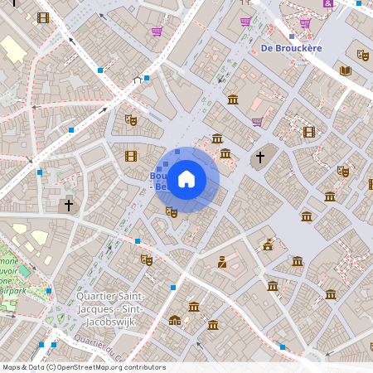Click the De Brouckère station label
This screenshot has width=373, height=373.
click(291, 48)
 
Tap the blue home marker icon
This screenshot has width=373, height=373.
click(186, 179)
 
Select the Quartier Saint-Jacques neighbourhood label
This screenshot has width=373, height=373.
click(110, 303)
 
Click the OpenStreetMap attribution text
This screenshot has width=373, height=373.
click(84, 367)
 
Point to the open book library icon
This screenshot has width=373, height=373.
click(345, 71)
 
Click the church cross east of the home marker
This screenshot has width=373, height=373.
click(259, 157)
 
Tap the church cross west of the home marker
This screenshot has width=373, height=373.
click(69, 203)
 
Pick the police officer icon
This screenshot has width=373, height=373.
click(222, 262)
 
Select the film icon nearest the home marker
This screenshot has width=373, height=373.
click(130, 156)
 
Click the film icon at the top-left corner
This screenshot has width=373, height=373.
click(43, 17)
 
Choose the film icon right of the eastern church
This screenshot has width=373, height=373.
click(309, 132)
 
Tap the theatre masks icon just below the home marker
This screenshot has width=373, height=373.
click(172, 212)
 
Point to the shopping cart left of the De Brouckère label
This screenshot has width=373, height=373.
click(245, 22)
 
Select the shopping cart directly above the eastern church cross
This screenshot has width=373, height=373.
click(257, 122)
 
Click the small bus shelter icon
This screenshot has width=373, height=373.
click(138, 80)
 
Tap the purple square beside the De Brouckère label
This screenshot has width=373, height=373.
click(291, 36)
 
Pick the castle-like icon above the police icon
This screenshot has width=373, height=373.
click(268, 245)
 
